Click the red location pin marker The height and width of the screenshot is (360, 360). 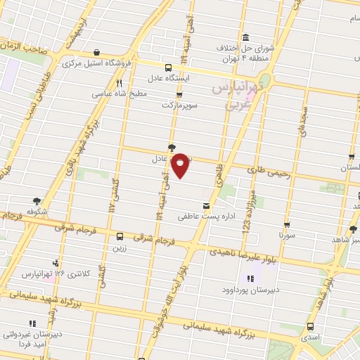coord(181,165)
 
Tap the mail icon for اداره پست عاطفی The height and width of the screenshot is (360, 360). coord(206,207)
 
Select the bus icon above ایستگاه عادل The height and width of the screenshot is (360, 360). coord(167,67)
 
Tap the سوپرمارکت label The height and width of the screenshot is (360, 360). coord(177,104)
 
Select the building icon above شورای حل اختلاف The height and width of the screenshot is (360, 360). coord(244,38)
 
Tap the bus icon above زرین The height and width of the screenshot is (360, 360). coord(119,237)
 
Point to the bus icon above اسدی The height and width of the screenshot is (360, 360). coord(311,328)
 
